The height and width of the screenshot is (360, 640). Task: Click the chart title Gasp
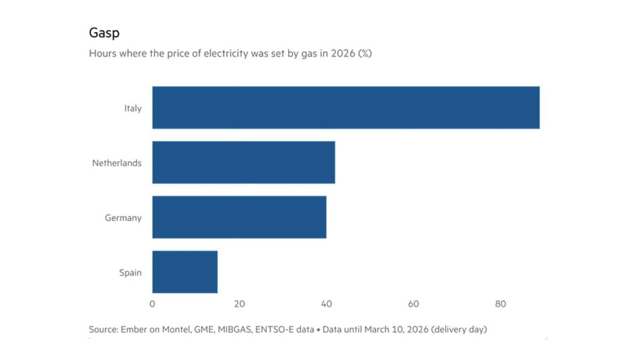[x=104, y=33]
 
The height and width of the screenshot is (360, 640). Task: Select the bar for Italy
[x=346, y=107]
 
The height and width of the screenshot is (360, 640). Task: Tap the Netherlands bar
[x=243, y=162]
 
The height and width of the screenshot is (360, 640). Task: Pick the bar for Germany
[x=239, y=217]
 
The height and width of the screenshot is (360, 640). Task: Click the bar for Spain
[x=185, y=272]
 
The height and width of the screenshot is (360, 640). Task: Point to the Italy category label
[x=132, y=108]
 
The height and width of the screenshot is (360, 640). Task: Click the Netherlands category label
[x=117, y=163]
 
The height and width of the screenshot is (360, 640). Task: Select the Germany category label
[x=123, y=218]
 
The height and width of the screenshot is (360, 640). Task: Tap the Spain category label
[x=130, y=273]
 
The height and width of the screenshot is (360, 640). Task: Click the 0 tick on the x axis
[x=152, y=304]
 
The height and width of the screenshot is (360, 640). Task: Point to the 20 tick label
[x=239, y=304]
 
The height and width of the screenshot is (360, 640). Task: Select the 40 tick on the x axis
[x=326, y=304]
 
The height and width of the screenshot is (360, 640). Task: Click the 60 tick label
[x=413, y=304]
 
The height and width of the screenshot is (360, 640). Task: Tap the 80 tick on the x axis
[x=500, y=304]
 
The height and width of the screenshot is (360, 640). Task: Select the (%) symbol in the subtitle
[x=364, y=54]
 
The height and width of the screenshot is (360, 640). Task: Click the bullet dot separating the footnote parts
[x=318, y=330]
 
